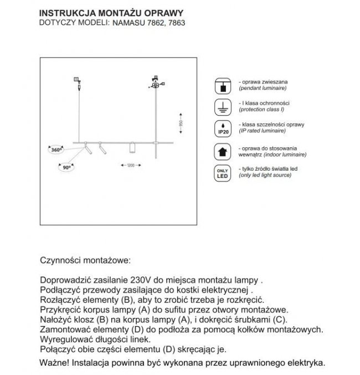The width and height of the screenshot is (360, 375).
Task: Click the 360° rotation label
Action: point(55,150)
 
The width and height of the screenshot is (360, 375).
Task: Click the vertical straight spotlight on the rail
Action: point(132,150)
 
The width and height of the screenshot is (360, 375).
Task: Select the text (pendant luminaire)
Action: point(262,88)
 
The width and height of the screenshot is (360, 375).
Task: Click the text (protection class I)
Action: point(262,109)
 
